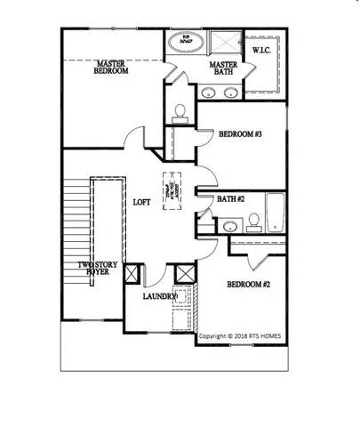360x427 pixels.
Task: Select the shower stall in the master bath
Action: click(226, 42)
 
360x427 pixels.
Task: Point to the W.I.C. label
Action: click(262, 50)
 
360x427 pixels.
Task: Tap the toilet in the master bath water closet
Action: click(180, 111)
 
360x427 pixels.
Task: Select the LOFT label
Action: click(141, 202)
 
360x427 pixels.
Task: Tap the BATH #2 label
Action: click(229, 199)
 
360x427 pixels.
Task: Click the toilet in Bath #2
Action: click(252, 220)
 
